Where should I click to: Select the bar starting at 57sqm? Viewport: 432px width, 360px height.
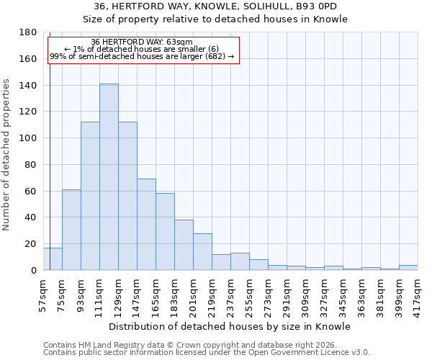click(53, 258)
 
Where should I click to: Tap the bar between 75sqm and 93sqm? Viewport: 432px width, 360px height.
click(71, 230)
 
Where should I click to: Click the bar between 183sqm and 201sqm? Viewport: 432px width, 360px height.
click(184, 245)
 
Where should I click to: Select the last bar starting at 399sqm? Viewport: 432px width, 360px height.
click(408, 267)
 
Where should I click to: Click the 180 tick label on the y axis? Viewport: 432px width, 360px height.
click(29, 32)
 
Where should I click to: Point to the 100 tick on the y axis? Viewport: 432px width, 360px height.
click(29, 138)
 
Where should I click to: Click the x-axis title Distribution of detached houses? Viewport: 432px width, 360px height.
click(230, 326)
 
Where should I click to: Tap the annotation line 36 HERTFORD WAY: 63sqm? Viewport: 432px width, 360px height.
click(142, 42)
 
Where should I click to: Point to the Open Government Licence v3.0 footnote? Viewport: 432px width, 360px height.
click(207, 353)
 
